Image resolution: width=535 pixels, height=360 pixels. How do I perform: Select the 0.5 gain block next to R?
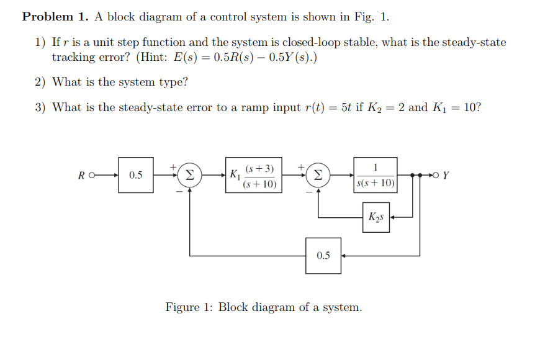point(136,175)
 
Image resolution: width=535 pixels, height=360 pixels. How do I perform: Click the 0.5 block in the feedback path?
point(323,255)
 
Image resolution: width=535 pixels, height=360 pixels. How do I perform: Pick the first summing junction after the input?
point(190,175)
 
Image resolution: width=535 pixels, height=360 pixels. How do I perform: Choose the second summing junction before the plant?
point(318,175)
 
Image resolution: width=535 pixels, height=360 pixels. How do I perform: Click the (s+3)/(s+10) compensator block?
point(260,176)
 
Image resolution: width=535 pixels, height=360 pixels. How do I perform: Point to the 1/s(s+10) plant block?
point(376,175)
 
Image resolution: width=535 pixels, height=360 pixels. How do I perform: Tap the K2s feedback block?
point(376,217)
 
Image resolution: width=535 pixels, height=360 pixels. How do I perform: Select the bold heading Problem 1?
point(55,17)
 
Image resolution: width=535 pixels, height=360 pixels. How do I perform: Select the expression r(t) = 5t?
point(326,107)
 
